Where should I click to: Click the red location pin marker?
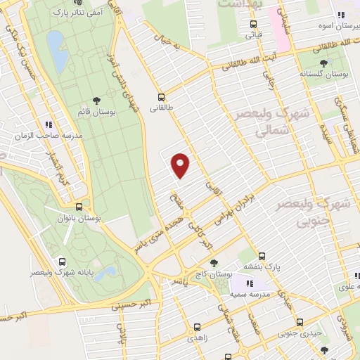point(181,165)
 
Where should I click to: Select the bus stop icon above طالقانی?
point(162,98)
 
